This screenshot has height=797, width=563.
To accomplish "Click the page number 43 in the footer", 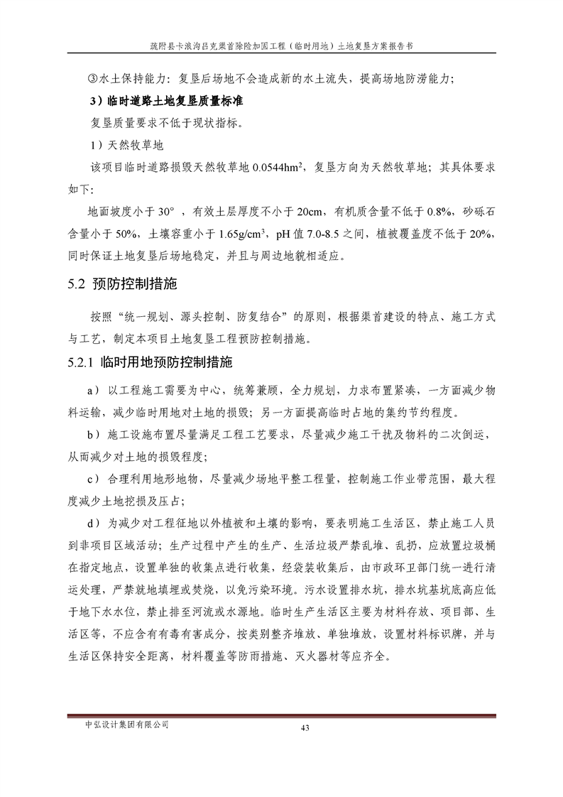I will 306,727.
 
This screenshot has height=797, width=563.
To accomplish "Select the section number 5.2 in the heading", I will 77,285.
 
